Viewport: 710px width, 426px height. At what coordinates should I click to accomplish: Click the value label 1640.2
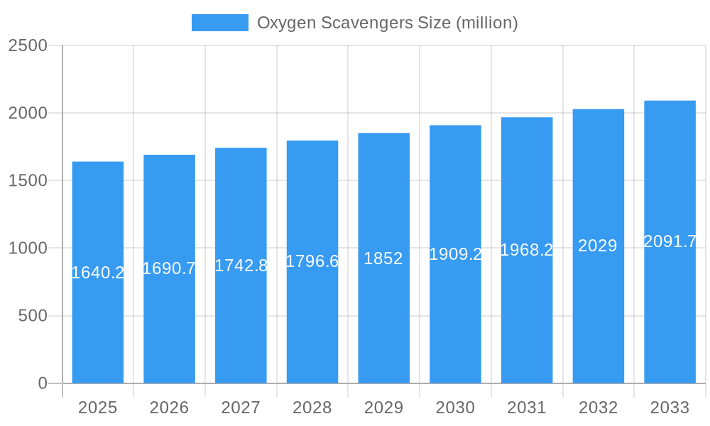(x=98, y=273)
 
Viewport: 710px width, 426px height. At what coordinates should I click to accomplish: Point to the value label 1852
(x=383, y=258)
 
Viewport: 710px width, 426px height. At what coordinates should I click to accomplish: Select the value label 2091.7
(x=670, y=242)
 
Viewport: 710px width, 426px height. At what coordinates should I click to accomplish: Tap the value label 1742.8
(x=241, y=266)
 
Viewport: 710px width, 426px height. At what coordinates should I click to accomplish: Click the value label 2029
(x=598, y=246)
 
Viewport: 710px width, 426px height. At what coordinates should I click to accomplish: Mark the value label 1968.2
(x=526, y=250)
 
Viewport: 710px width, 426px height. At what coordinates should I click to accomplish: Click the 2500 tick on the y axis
(x=28, y=45)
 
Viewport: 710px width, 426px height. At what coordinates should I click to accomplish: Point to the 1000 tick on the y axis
(x=28, y=248)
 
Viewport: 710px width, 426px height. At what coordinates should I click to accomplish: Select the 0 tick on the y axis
(x=42, y=383)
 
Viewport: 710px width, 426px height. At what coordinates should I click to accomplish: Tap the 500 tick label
(x=33, y=316)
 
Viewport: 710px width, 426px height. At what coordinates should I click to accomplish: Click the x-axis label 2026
(x=169, y=408)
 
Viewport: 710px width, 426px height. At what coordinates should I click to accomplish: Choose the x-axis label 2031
(x=526, y=408)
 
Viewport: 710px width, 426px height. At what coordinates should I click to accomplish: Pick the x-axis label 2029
(x=383, y=408)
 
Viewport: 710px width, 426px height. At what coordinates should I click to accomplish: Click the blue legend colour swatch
(x=220, y=23)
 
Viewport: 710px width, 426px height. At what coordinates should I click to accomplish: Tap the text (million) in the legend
(x=486, y=23)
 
